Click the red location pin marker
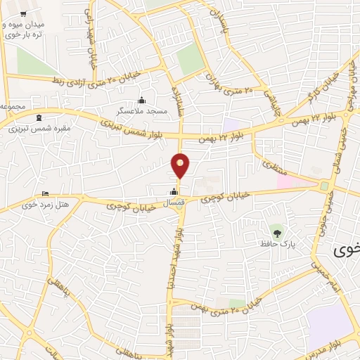click(181, 166)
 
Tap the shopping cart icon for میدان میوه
click(24, 14)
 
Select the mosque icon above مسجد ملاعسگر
click(142, 100)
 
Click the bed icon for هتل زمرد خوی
click(46, 194)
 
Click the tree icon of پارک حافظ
click(279, 231)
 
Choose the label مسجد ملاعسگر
click(142, 112)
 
